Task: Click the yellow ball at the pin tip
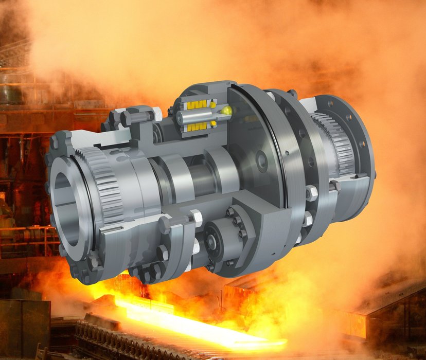click(226, 110)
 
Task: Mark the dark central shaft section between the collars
click(201, 177)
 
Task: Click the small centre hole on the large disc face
click(262, 161)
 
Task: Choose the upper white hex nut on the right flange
click(311, 194)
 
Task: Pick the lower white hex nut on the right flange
click(307, 220)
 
